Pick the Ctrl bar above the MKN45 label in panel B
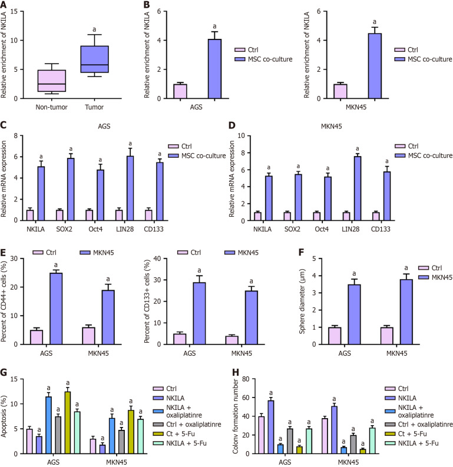pyautogui.click(x=340, y=91)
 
